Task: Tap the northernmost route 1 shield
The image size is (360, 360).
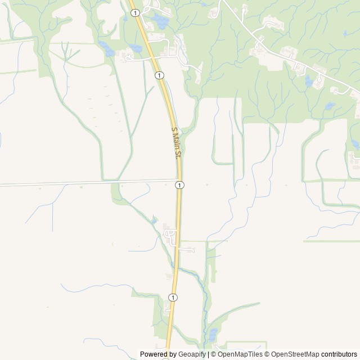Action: pyautogui.click(x=135, y=12)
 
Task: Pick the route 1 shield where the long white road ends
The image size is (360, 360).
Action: pyautogui.click(x=179, y=185)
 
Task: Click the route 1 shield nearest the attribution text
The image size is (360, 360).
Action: pyautogui.click(x=173, y=297)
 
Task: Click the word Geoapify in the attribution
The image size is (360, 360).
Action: pyautogui.click(x=192, y=354)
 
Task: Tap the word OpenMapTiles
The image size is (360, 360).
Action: pyautogui.click(x=241, y=354)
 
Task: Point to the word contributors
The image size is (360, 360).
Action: pyautogui.click(x=339, y=354)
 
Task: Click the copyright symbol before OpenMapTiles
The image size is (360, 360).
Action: pyautogui.click(x=214, y=354)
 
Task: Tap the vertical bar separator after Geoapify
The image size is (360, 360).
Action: pyautogui.click(x=208, y=354)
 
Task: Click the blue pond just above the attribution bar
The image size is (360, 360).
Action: pyautogui.click(x=213, y=336)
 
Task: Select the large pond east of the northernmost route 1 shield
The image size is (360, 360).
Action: pyautogui.click(x=160, y=22)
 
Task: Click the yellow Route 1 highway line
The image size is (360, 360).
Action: pyautogui.click(x=178, y=225)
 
